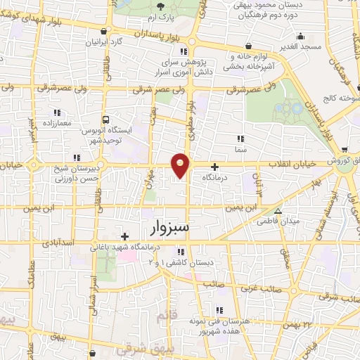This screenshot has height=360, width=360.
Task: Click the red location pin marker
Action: (x=181, y=165)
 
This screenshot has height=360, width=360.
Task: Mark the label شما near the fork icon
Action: (x=240, y=149)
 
